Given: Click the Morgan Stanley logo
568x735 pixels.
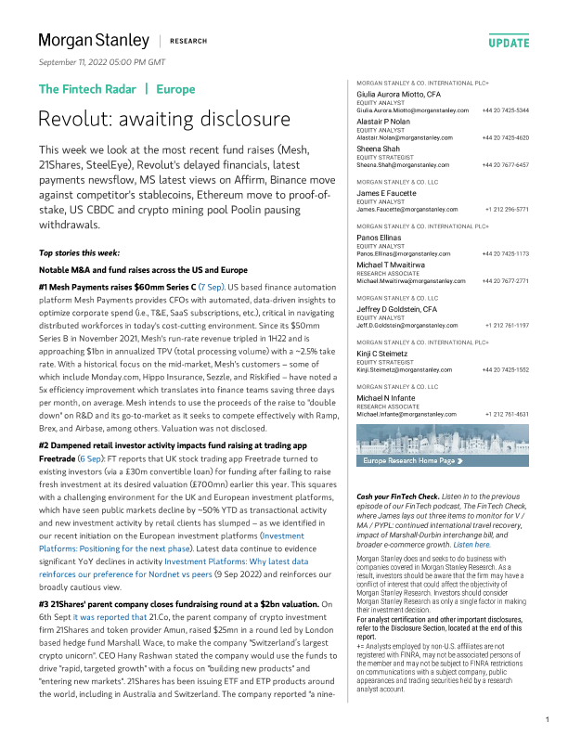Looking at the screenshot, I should (x=93, y=41).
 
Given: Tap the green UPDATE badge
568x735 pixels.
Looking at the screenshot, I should (x=509, y=43).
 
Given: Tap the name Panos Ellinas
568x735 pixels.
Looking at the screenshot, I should (x=381, y=239).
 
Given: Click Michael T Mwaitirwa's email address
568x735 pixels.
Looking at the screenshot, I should (x=408, y=279).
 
